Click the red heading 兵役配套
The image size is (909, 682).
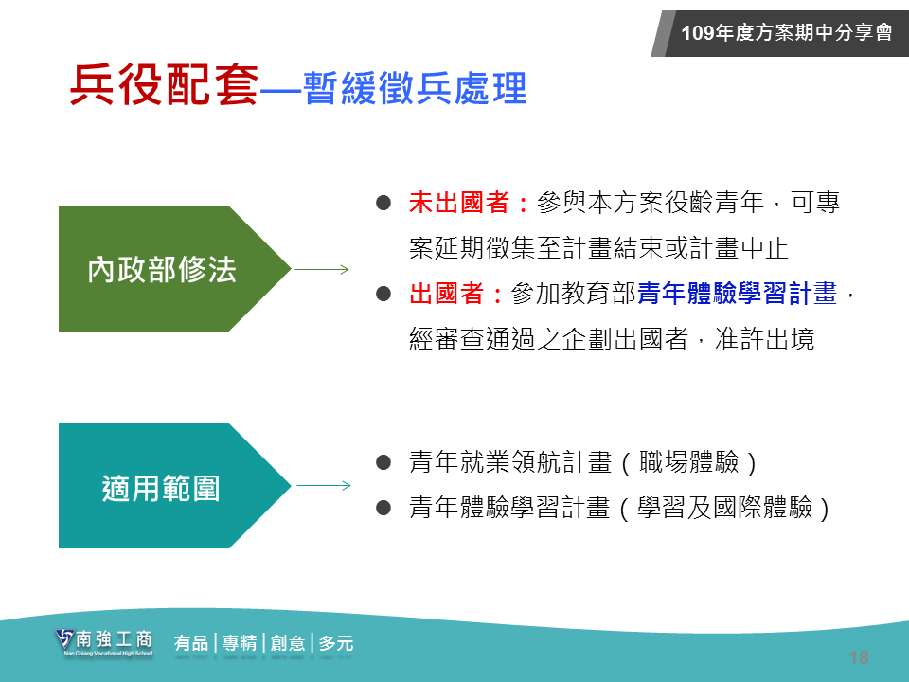coord(164,84)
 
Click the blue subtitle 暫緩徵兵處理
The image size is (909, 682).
coord(415,88)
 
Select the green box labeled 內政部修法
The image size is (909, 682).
coord(174,268)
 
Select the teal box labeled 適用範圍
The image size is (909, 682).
coord(174,486)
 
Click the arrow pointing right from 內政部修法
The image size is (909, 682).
coord(322,269)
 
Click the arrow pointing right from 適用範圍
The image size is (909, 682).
coord(324,485)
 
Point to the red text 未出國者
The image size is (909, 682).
coord(459,203)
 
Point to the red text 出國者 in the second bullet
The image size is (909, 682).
coord(446,294)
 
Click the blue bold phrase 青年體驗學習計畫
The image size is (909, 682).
coord(737,294)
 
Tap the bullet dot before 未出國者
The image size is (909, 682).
coord(383,203)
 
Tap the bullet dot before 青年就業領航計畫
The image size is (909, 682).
coord(383,462)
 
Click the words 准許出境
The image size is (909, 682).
coord(765,339)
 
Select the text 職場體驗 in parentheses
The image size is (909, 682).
coord(688,462)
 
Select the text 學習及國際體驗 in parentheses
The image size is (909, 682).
coord(724,508)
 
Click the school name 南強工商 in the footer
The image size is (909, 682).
coord(115,639)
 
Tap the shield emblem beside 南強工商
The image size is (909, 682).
coord(64,639)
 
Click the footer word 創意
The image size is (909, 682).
coord(288,643)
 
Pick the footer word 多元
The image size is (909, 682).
coord(335,643)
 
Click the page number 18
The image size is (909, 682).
coord(859,657)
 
